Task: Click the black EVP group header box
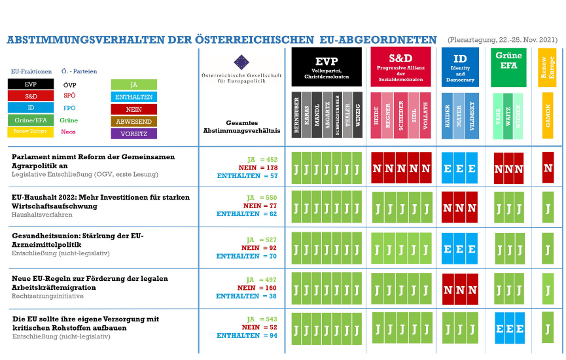pyautogui.click(x=327, y=67)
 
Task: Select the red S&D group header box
pyautogui.click(x=400, y=67)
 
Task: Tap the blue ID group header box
pyautogui.click(x=460, y=67)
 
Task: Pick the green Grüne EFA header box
pyautogui.click(x=508, y=67)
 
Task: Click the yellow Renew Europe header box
pyautogui.click(x=547, y=67)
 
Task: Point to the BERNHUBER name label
pyautogui.click(x=296, y=115)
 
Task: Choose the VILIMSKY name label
pyautogui.click(x=472, y=115)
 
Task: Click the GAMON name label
pyautogui.click(x=548, y=115)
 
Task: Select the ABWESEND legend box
pyautogui.click(x=133, y=121)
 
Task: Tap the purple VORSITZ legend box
pyautogui.click(x=133, y=134)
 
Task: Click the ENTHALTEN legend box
pyautogui.click(x=133, y=97)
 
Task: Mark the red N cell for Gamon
pyautogui.click(x=548, y=168)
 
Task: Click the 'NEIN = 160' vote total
pyautogui.click(x=257, y=287)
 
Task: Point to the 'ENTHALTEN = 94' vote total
pyautogui.click(x=247, y=336)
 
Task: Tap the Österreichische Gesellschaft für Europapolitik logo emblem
pyautogui.click(x=241, y=62)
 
